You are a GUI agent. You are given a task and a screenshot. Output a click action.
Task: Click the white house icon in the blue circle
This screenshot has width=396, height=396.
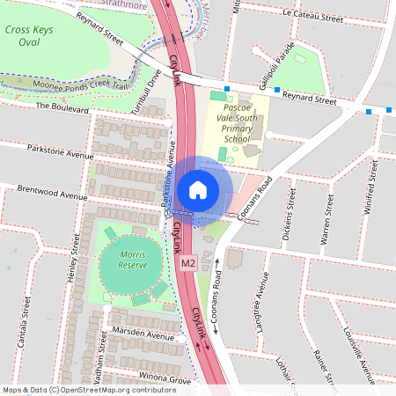(198, 188)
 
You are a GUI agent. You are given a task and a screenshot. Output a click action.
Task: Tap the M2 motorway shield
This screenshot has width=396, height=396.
(187, 262)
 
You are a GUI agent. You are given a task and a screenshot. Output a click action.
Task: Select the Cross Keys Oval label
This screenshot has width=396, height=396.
(29, 35)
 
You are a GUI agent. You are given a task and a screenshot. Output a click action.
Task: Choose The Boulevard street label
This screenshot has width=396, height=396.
(62, 107)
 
